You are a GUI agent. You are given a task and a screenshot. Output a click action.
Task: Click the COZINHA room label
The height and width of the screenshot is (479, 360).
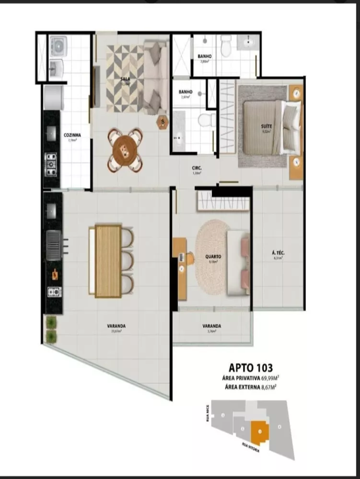point(72,135)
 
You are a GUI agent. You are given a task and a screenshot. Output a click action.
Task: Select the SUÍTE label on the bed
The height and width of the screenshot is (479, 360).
point(267,126)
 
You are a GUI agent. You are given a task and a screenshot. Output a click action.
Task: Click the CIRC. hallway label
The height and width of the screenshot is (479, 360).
point(196,168)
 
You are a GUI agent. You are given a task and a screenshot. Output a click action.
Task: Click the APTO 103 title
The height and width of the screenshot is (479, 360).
point(251,368)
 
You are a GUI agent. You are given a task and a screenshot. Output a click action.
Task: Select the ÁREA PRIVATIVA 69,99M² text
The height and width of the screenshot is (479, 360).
point(251,378)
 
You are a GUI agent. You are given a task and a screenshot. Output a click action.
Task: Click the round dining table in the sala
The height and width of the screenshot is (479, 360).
point(125,149)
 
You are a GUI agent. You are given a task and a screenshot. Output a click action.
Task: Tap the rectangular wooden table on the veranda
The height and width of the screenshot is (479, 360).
point(108,261)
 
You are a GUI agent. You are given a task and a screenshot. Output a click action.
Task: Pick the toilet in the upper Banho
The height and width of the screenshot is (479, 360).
point(225,47)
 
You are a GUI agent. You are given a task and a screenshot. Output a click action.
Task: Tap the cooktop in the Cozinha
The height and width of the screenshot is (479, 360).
point(51,164)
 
